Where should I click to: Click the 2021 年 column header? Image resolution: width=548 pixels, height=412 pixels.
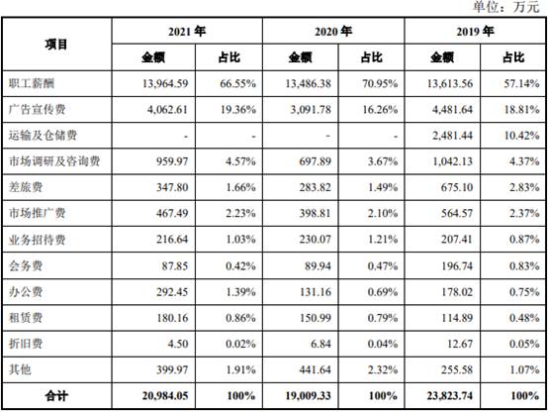tap(187, 32)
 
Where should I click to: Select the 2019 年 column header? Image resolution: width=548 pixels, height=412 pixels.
tap(475, 32)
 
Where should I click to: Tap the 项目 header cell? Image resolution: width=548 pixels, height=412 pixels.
tap(56, 45)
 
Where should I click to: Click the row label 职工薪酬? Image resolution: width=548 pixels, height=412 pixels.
tap(32, 83)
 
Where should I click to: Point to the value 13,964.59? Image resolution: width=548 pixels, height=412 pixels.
tap(165, 83)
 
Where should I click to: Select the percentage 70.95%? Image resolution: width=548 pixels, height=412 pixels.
tap(380, 83)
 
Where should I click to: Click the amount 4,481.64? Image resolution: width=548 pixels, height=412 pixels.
tap(452, 110)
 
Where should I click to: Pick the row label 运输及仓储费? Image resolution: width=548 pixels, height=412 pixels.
tap(43, 135)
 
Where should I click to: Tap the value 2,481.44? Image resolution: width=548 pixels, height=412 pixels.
tap(452, 136)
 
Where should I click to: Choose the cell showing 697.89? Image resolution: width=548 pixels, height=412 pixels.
tap(315, 161)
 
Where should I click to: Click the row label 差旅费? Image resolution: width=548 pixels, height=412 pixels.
tap(26, 187)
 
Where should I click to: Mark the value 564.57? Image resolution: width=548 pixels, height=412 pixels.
tap(456, 213)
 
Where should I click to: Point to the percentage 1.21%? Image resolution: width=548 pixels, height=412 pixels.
tap(383, 240)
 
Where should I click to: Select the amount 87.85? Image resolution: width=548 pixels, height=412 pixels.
tap(175, 265)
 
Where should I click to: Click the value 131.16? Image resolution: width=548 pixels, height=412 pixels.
tap(315, 291)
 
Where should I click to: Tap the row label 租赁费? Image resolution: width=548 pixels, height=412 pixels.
tap(26, 318)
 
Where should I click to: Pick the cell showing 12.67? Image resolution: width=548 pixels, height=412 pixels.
tap(460, 344)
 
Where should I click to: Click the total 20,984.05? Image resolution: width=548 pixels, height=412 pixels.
tap(165, 395)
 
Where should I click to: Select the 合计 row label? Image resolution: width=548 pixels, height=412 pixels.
tap(56, 395)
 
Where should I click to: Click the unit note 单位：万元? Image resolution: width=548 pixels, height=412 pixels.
tap(506, 7)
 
